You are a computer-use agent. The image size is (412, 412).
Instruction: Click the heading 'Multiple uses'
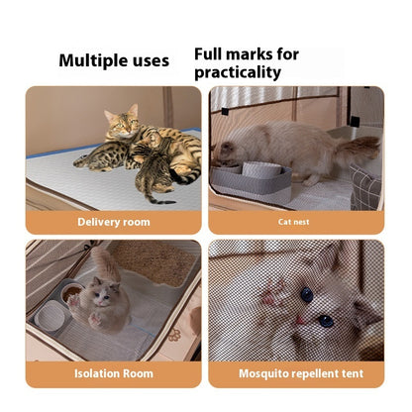point(114,60)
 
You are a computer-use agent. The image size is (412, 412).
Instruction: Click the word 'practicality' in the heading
point(238,72)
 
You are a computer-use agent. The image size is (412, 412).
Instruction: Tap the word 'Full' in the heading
point(210,54)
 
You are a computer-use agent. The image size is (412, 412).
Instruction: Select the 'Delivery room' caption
point(114,222)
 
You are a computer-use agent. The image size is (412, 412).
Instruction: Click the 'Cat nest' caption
point(296,222)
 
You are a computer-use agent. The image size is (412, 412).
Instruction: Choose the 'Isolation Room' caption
point(114,374)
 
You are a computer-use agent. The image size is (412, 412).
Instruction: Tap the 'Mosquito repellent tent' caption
point(296,374)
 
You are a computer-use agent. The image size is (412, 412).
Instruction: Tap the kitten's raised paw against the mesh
point(273,295)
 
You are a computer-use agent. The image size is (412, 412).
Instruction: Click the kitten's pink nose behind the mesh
point(298,317)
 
